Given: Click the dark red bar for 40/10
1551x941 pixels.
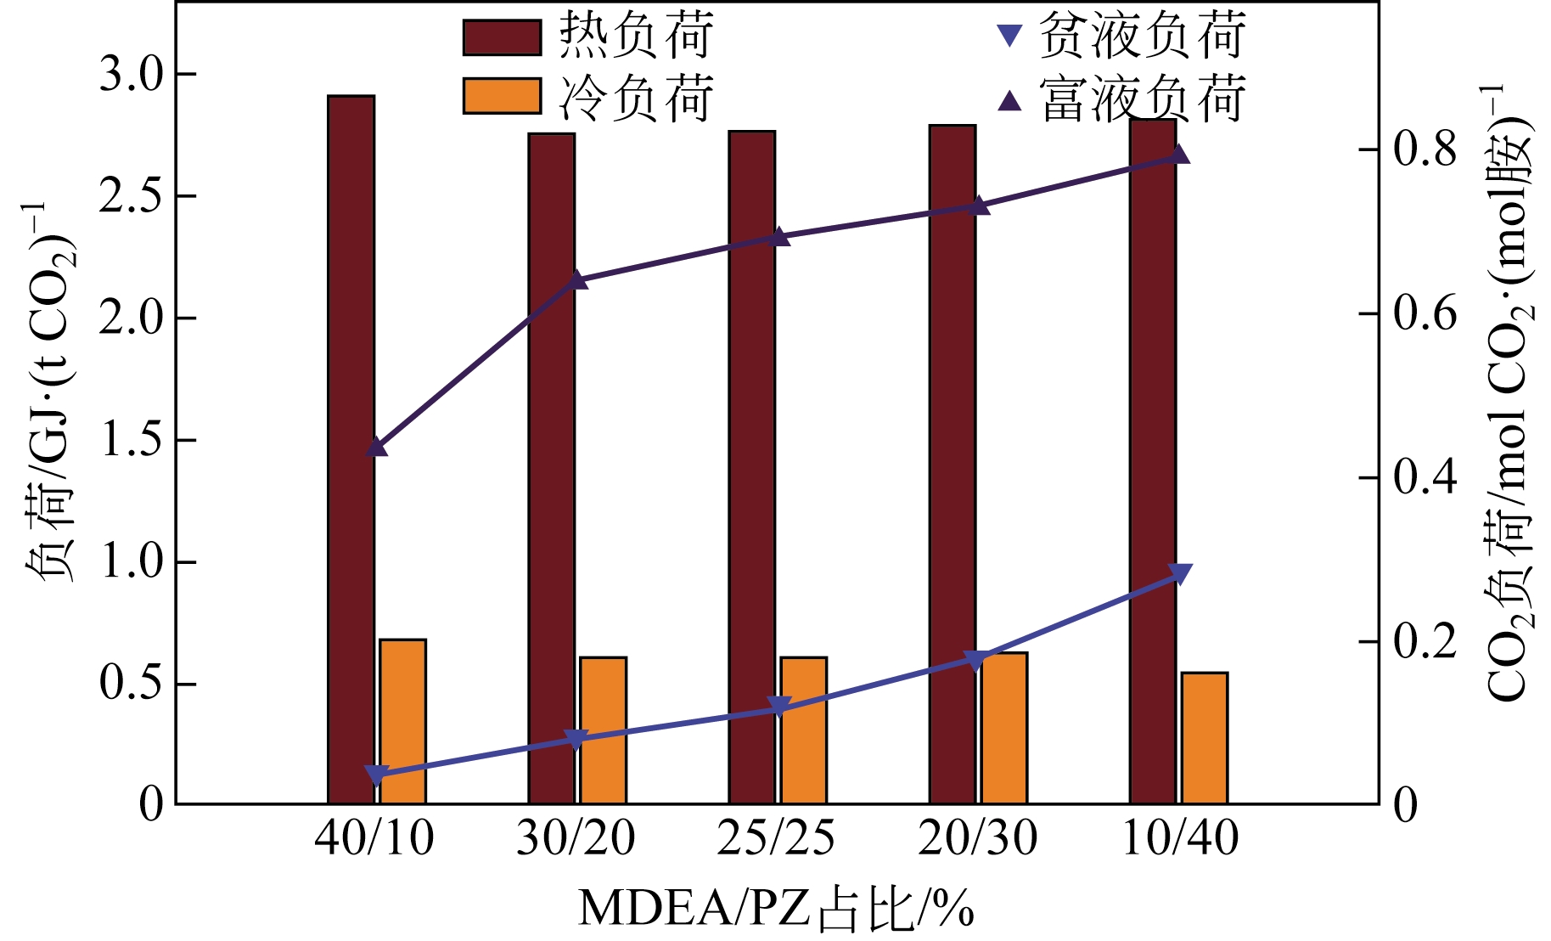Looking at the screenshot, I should coord(351,450).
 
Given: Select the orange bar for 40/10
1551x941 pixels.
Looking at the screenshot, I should coord(402,722).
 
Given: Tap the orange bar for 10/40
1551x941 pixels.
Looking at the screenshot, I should coord(1205,738).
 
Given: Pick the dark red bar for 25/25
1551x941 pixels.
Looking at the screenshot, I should coord(751,467).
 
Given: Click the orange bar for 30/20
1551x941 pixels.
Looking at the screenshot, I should coord(603,730).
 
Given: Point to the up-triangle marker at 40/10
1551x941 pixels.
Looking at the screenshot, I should coord(377,447).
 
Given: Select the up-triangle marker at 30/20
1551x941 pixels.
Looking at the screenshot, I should coord(577,279).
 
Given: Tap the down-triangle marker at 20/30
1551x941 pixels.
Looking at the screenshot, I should coord(977,660).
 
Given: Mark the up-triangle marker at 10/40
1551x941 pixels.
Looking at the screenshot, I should coord(1180,154).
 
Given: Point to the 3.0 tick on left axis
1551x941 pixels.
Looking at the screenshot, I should coord(131,75).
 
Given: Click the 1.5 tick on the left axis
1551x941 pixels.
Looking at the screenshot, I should coord(131,440).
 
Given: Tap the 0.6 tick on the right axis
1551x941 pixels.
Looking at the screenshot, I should coord(1425,314).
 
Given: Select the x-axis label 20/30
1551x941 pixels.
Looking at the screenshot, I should coord(978,838).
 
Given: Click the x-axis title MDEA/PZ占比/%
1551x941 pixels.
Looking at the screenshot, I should coord(776,908).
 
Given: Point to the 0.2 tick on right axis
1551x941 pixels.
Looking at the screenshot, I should coord(1425,642).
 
